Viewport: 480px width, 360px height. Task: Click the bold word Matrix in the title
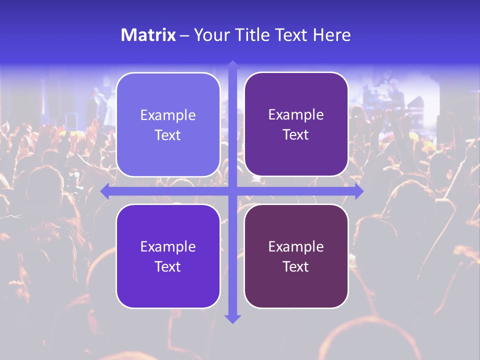click(x=148, y=35)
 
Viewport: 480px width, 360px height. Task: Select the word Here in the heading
click(x=331, y=35)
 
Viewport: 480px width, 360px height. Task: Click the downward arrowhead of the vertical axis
click(x=232, y=319)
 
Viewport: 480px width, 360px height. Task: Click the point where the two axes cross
click(x=232, y=191)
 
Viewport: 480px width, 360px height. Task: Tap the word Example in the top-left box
click(x=168, y=115)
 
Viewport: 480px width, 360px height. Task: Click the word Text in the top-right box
click(x=296, y=135)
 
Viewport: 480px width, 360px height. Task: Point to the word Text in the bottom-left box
click(x=168, y=266)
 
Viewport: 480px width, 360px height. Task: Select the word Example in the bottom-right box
click(x=296, y=246)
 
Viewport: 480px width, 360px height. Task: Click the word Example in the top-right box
click(x=296, y=115)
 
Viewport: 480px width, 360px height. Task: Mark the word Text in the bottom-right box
click(x=296, y=266)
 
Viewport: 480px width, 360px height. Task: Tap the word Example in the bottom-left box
click(x=168, y=246)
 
